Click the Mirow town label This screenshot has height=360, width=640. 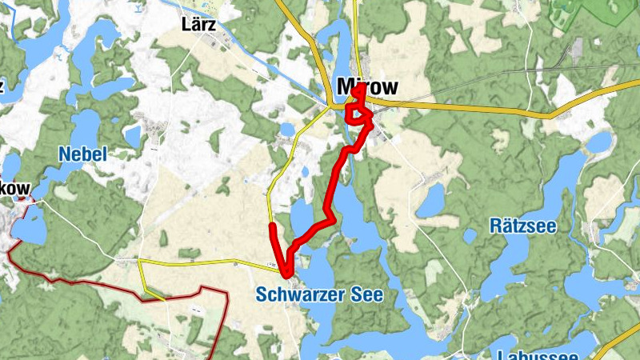point(367,86)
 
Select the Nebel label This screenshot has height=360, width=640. point(82,154)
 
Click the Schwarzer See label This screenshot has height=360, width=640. point(319,294)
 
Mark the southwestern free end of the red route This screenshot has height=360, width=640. point(273,227)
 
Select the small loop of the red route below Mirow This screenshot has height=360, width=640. point(358,114)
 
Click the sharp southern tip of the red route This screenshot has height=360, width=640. point(286,276)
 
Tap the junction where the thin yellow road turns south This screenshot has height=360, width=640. point(139,262)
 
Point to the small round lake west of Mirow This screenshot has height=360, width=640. point(287,130)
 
